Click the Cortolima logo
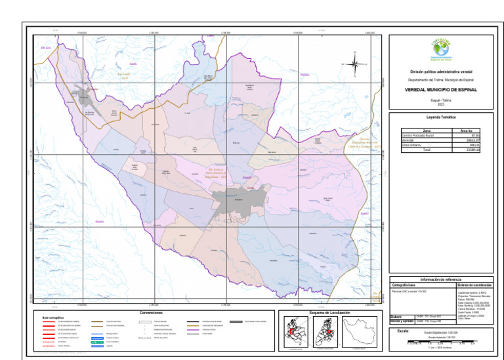(x=440, y=51)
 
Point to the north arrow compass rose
(x=355, y=64)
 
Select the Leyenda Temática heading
(x=440, y=116)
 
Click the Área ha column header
(x=467, y=130)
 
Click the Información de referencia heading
(x=440, y=280)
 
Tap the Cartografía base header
(x=404, y=285)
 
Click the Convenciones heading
(x=151, y=313)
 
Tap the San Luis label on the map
(x=45, y=48)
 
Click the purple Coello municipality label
(x=133, y=64)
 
